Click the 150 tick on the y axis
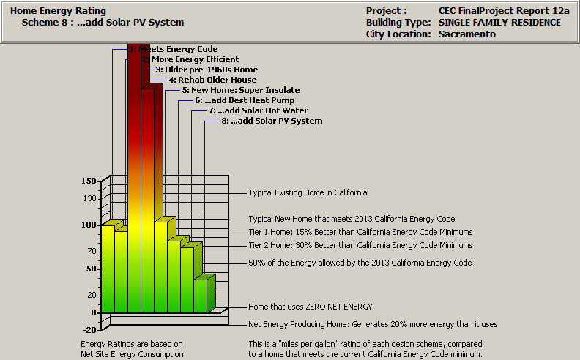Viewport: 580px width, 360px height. pos(89,180)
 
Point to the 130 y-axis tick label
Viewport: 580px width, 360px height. pos(89,198)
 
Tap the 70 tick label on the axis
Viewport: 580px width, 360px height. pos(92,251)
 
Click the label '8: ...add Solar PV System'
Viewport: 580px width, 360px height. pos(272,121)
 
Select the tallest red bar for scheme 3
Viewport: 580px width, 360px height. pos(135,183)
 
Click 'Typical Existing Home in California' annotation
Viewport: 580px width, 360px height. pos(308,192)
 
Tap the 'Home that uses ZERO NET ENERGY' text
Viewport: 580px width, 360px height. pos(311,307)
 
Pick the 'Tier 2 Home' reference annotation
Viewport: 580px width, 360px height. pos(360,245)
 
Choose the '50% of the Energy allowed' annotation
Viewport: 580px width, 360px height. pos(360,262)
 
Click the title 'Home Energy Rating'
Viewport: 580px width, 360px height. pos(58,11)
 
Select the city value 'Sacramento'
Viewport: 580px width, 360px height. pos(467,34)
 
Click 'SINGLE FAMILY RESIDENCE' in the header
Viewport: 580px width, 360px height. pos(499,23)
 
